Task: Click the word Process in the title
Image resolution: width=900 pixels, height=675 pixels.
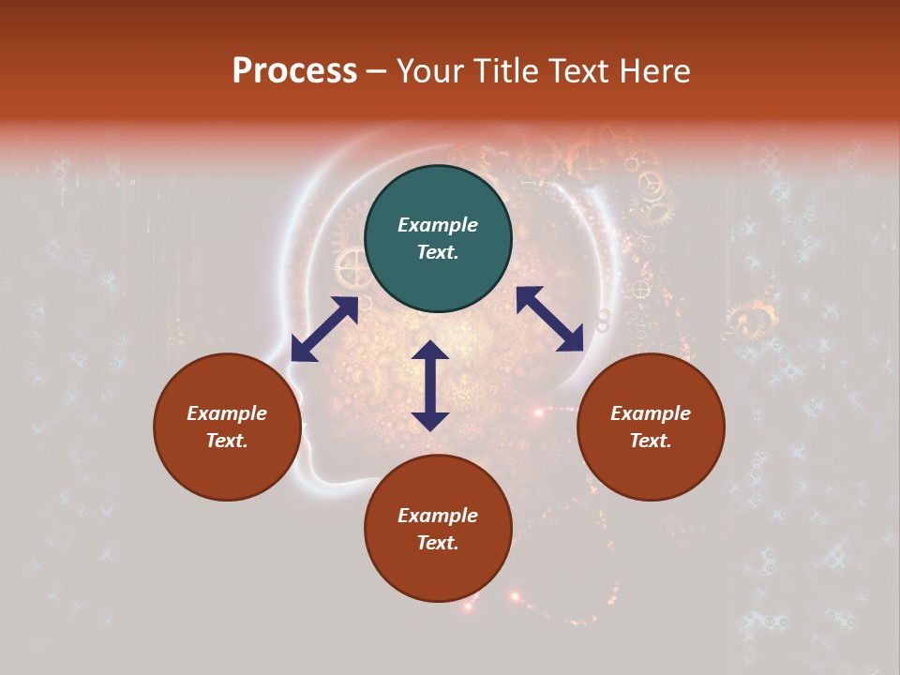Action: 294,71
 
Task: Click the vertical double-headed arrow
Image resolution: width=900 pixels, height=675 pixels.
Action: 430,385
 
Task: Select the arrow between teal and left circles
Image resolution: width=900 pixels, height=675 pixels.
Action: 324,329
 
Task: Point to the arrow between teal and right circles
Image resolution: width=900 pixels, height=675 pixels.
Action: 550,319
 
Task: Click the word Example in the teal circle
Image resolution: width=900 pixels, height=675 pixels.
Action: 438,225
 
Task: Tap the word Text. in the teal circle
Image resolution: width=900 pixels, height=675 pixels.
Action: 438,252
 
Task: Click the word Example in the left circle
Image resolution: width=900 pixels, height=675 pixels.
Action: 227,413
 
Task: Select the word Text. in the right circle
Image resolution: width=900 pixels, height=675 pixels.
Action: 651,441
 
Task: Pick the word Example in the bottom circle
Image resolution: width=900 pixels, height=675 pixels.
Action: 438,516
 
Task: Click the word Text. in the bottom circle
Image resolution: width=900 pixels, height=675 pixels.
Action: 438,543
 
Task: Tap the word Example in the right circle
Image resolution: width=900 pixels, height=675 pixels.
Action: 651,413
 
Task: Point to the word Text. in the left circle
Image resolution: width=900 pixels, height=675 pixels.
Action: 227,441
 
